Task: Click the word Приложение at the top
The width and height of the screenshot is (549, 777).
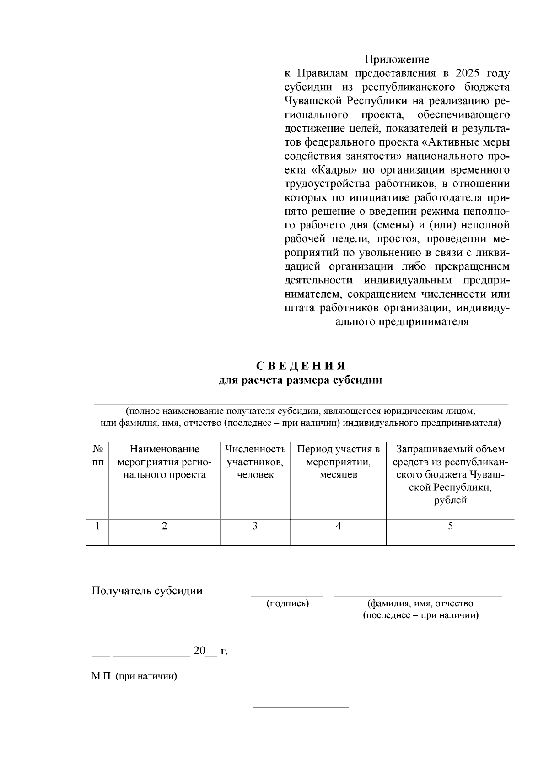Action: tap(397, 60)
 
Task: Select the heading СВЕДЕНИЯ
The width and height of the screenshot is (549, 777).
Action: tap(300, 366)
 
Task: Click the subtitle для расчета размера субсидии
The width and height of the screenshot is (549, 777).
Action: tap(300, 380)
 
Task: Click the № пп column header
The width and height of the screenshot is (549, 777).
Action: tap(97, 456)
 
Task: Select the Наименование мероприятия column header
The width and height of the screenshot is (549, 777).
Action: tap(164, 462)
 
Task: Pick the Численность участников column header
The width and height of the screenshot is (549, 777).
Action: tap(255, 462)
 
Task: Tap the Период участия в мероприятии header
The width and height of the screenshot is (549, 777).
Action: tap(338, 462)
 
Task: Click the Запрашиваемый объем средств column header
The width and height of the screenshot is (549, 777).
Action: tap(450, 474)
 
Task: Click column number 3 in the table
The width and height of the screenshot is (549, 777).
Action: tap(255, 526)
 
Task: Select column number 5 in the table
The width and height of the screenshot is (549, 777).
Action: tap(450, 526)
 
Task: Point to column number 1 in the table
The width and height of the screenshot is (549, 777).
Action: tap(97, 526)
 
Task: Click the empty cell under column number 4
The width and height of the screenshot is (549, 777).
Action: tap(338, 539)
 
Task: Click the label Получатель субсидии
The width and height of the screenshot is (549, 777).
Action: tap(147, 591)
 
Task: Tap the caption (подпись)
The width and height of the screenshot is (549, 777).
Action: tap(288, 603)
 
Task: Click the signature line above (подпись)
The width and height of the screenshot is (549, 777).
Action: tap(286, 596)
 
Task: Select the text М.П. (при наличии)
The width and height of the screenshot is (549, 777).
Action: tap(134, 676)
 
